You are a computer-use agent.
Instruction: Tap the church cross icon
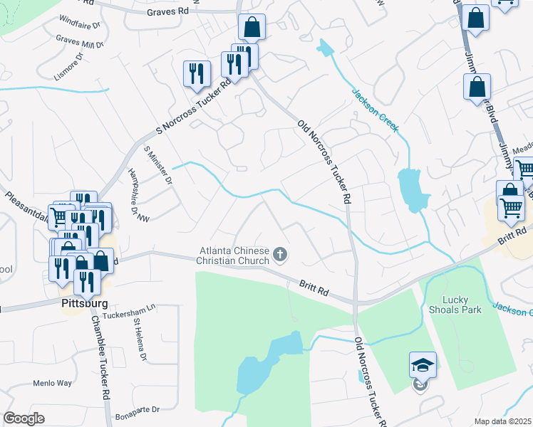tap(281, 254)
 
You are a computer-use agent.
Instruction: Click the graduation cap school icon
tap(423, 366)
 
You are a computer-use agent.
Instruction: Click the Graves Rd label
tap(168, 11)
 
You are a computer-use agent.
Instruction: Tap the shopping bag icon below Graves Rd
tap(252, 28)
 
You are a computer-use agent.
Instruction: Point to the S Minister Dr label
tap(158, 166)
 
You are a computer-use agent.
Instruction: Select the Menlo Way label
tap(52, 383)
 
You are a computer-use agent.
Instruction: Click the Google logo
tap(24, 418)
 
